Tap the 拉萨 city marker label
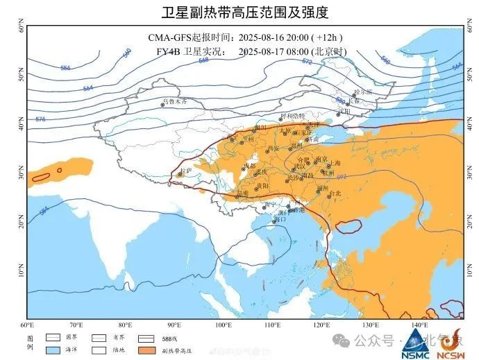point(185,170)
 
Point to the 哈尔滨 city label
point(363,92)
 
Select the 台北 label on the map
point(336,193)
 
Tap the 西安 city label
point(273,148)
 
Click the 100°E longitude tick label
point(223,325)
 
